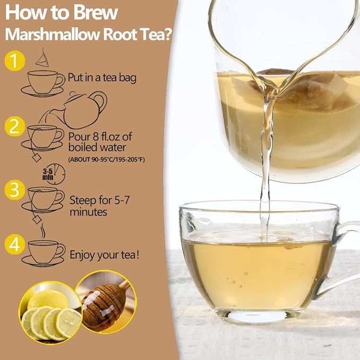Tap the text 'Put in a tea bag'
[102, 78]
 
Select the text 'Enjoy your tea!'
[104, 255]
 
